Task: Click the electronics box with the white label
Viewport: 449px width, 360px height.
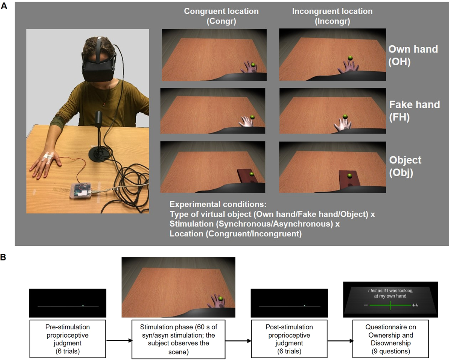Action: (x=81, y=191)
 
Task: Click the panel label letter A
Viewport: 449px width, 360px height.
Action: (x=4, y=6)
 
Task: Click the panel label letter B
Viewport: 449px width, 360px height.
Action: (x=3, y=257)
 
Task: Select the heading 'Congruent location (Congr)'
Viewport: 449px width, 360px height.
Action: (x=221, y=16)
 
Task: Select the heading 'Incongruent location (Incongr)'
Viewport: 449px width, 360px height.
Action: (x=332, y=16)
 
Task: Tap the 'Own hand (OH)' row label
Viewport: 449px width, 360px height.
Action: (x=413, y=55)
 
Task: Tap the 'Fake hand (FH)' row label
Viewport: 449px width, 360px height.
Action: (x=414, y=111)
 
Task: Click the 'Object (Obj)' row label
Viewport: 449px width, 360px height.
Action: (x=405, y=166)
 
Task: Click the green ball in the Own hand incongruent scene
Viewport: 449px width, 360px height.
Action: (x=350, y=58)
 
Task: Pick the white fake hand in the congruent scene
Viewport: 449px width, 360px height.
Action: (x=246, y=122)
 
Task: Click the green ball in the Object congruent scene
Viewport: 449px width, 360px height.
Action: (x=251, y=174)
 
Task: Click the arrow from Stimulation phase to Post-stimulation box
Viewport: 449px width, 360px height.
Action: (x=238, y=341)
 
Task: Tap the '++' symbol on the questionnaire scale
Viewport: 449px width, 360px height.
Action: (x=415, y=305)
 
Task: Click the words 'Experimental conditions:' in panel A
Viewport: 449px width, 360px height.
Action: (x=218, y=204)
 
